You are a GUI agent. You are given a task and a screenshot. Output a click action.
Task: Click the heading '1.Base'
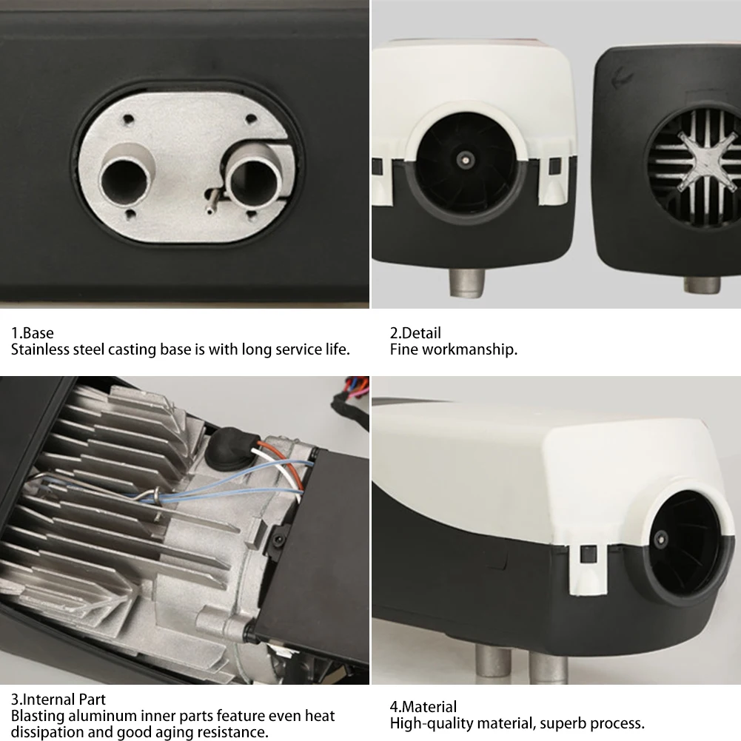tap(33, 333)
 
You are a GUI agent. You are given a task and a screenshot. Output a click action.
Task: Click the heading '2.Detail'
tap(415, 333)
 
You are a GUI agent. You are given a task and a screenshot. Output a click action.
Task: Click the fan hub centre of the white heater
tap(465, 159)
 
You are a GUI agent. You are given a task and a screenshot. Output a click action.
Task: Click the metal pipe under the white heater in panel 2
tap(467, 282)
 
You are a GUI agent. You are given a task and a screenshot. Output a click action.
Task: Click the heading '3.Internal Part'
tap(58, 700)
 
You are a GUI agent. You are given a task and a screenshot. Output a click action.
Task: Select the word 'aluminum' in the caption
tap(98, 716)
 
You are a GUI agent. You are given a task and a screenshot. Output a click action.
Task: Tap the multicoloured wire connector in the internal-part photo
tap(350, 396)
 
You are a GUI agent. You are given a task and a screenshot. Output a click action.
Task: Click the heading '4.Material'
tap(423, 707)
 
